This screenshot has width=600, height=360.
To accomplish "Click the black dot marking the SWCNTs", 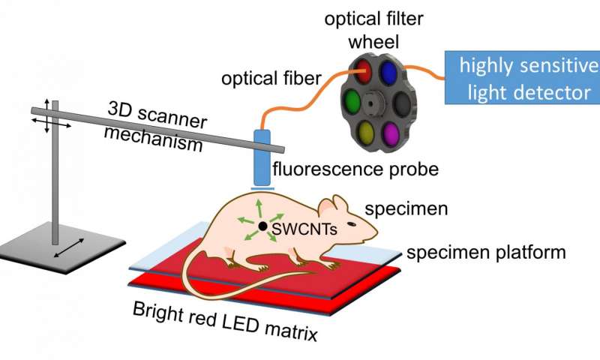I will tap(263, 225).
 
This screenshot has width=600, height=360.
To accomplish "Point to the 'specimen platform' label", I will tap(484, 253).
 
